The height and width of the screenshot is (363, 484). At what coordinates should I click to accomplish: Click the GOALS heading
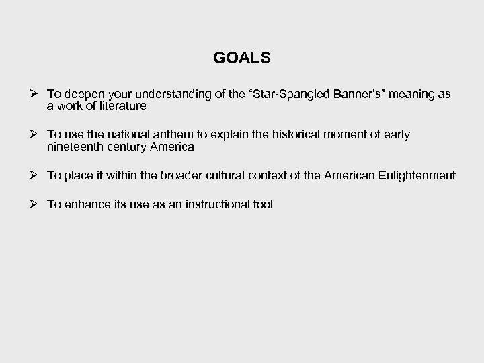(x=241, y=58)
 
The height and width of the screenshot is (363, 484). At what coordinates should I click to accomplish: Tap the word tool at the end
(x=263, y=204)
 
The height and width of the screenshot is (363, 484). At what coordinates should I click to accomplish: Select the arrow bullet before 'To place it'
(x=35, y=175)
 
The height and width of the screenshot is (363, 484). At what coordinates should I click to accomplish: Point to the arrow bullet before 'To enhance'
(x=35, y=204)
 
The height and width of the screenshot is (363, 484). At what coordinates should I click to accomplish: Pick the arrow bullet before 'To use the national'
(x=35, y=134)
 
